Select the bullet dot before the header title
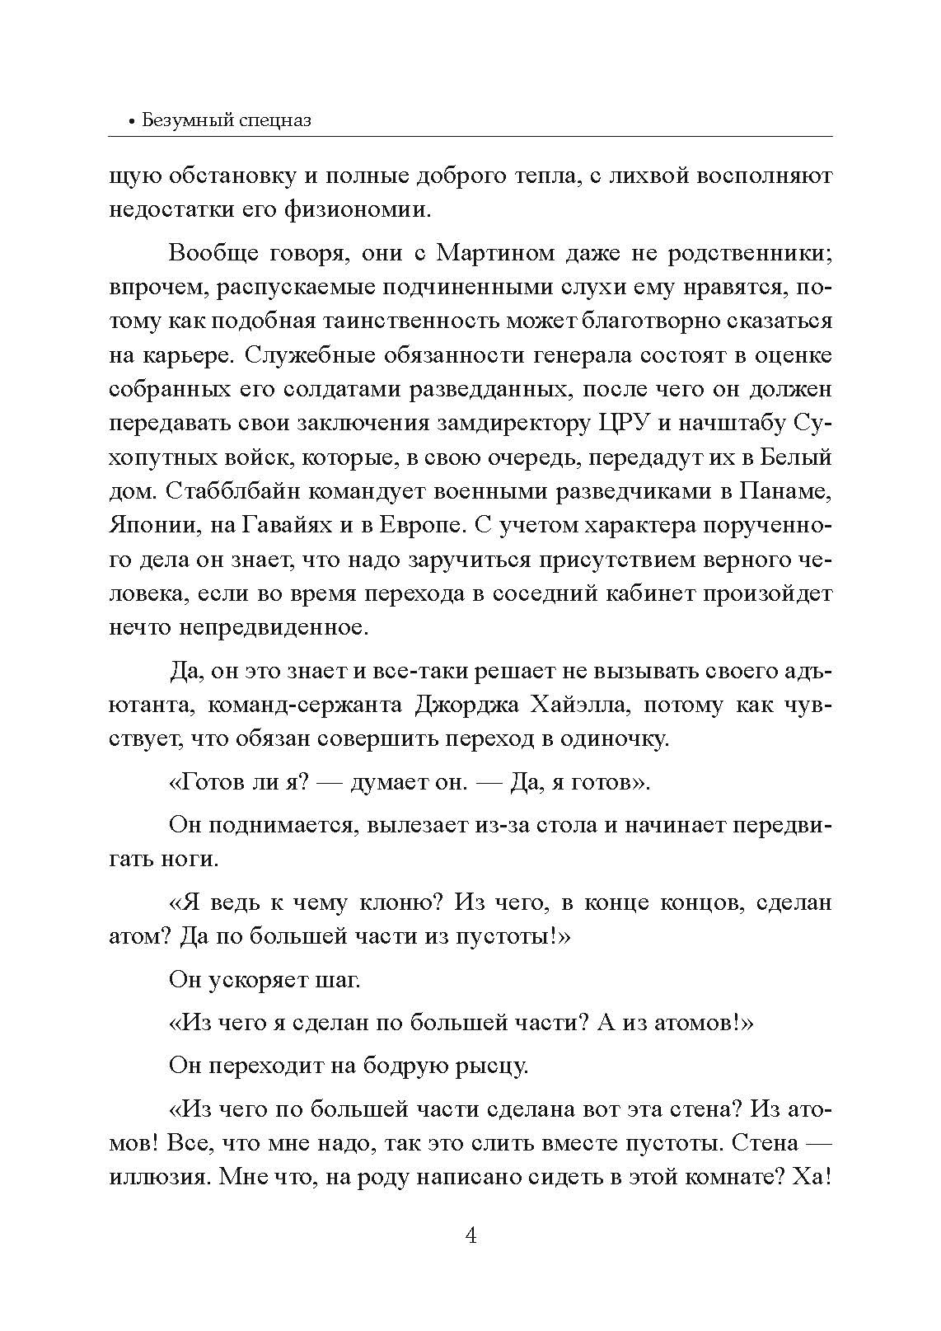tap(132, 122)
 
